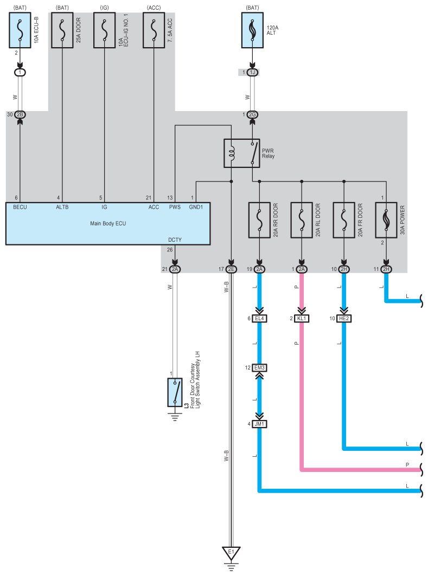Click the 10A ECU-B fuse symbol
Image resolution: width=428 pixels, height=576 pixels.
pyautogui.click(x=20, y=30)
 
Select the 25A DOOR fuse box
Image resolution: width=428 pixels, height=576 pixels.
pyautogui.click(x=62, y=30)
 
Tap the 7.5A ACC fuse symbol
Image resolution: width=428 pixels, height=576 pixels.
pyautogui.click(x=154, y=30)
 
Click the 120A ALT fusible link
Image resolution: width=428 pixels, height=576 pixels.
pyautogui.click(x=252, y=30)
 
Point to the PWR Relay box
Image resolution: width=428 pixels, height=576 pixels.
pyautogui.click(x=241, y=153)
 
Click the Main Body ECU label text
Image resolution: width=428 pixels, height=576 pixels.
pyautogui.click(x=108, y=223)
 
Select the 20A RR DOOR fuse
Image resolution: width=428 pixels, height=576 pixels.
pyautogui.click(x=259, y=220)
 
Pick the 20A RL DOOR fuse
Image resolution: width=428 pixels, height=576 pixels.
pyautogui.click(x=302, y=220)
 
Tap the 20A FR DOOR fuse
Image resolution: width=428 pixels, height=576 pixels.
pyautogui.click(x=344, y=220)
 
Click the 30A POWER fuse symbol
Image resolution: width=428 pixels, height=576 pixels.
pyautogui.click(x=386, y=220)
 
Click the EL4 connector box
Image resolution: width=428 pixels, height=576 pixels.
pyautogui.click(x=260, y=319)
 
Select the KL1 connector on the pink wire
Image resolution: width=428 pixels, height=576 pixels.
pyautogui.click(x=302, y=319)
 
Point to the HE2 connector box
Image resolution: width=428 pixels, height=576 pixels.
pyautogui.click(x=344, y=319)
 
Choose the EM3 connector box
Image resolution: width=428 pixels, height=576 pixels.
pyautogui.click(x=260, y=368)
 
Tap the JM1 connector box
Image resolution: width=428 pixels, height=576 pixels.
pyautogui.click(x=260, y=424)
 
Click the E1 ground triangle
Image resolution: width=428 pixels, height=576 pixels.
pyautogui.click(x=231, y=553)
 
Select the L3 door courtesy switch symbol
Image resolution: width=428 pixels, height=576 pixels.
pyautogui.click(x=175, y=393)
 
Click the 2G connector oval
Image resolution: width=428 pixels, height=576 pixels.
pyautogui.click(x=252, y=115)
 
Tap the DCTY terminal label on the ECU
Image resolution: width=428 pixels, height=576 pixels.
pyautogui.click(x=175, y=240)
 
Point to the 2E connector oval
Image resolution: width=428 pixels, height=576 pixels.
pyautogui.click(x=231, y=269)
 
